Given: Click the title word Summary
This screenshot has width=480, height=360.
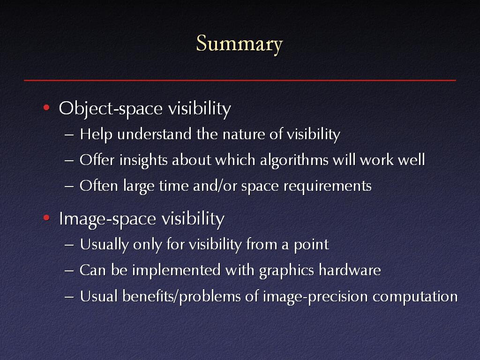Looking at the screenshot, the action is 240,45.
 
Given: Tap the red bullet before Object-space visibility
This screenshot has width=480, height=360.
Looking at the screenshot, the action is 46,107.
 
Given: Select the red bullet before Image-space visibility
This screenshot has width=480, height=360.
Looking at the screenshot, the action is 46,217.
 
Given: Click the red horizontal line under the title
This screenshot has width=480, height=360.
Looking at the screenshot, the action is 240,80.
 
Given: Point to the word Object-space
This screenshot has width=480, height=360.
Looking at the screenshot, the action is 111,109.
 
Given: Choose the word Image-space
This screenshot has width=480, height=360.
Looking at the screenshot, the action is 107,219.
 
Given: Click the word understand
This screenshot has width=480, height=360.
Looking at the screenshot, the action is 154,134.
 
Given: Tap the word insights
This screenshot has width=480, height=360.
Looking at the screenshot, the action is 143,160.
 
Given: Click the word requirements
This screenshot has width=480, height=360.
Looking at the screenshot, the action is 328,187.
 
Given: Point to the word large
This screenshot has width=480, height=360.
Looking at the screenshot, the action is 139,186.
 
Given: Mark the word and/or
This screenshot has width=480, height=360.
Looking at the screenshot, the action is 215,186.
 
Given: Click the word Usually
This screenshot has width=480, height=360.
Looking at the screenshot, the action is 104,245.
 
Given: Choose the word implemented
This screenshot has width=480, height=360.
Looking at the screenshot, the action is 176,270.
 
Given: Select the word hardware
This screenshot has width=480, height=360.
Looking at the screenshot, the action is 350,270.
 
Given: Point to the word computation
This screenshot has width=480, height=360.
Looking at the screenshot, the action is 415,297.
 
